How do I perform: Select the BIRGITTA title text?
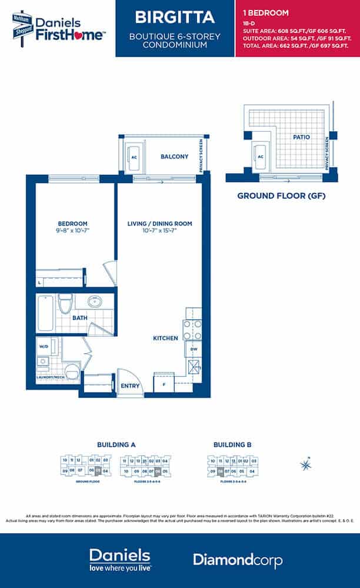tap(175, 16)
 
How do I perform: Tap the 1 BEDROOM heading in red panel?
tap(266, 12)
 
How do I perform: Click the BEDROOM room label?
tap(72, 224)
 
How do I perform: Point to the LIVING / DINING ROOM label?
tap(159, 224)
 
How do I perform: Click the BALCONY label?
tap(174, 157)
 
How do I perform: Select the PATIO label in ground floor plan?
tap(301, 137)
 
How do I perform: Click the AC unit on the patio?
tap(260, 157)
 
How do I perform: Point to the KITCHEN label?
tap(165, 338)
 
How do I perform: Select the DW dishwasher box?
tap(194, 350)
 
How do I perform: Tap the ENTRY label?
tap(129, 386)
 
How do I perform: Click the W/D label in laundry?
tap(42, 347)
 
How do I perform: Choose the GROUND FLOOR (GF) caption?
tap(281, 195)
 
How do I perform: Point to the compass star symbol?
tap(305, 464)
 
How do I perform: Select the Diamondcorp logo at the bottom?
tap(238, 560)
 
